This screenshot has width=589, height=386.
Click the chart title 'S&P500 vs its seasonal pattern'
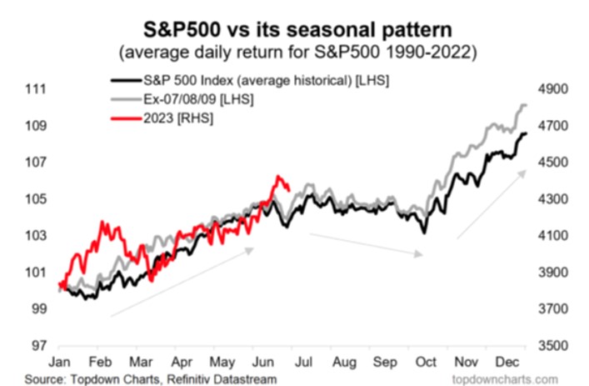(x=294, y=17)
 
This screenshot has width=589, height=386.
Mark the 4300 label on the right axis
(x=556, y=199)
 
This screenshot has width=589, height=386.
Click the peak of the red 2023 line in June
(x=277, y=177)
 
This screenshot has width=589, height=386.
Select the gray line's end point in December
(x=527, y=105)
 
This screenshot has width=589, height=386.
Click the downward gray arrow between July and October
(x=367, y=245)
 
